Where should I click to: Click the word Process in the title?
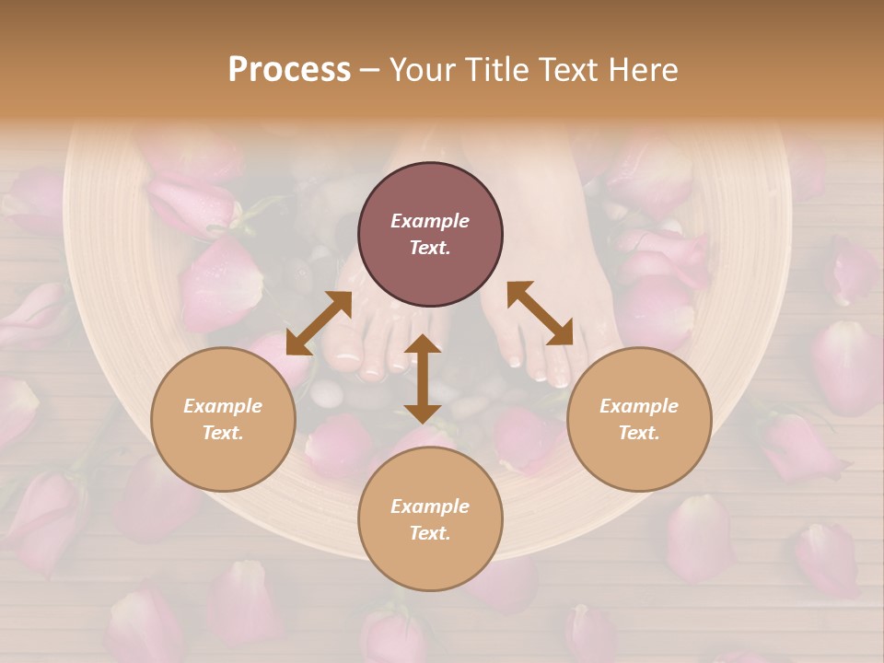pos(289,70)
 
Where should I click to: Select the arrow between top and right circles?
pos(540,314)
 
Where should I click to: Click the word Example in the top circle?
pos(430,221)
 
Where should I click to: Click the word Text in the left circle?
pos(223,433)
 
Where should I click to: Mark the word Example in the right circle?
pos(639,406)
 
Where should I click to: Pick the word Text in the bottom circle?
pos(430,533)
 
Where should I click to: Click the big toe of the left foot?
pos(344,355)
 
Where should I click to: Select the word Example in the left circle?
pos(223,406)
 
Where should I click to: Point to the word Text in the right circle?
pos(639,433)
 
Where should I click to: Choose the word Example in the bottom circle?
pos(430,506)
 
